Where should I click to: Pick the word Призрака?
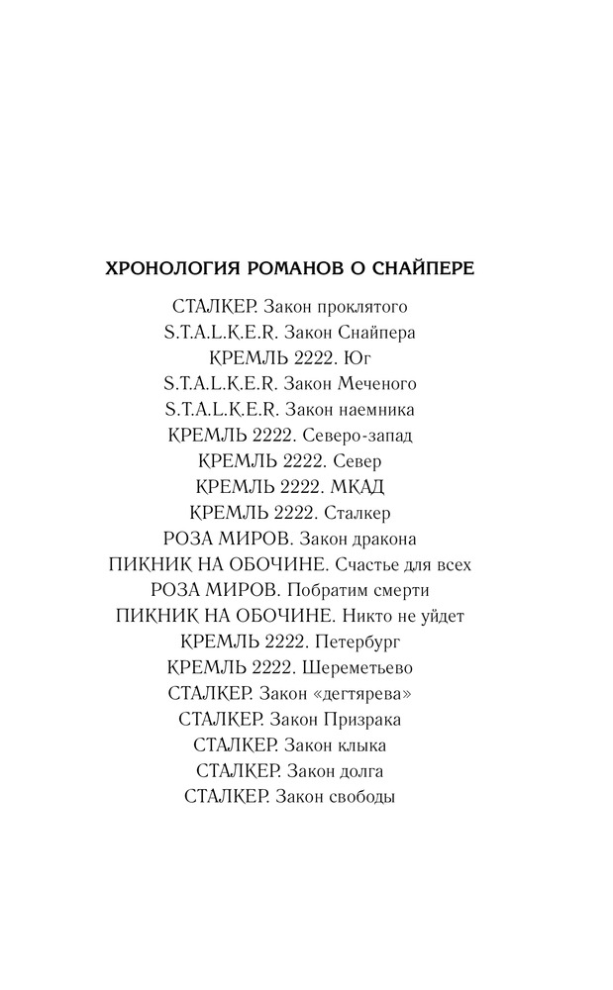369,719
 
